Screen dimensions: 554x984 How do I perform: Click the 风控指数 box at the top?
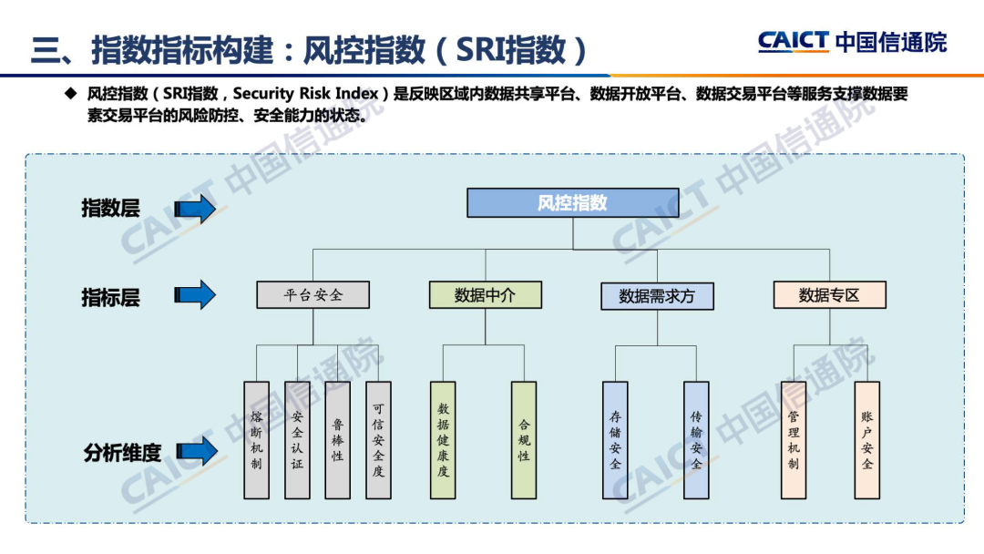pos(572,202)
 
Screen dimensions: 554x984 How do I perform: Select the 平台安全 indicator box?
pos(313,294)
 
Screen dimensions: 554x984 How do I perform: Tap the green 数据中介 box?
pos(485,294)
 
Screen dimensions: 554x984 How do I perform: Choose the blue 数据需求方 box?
pos(656,296)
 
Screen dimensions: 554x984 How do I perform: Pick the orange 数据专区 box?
pos(829,294)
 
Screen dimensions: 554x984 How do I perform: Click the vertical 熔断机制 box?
pos(257,440)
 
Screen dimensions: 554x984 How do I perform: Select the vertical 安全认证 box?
pos(297,440)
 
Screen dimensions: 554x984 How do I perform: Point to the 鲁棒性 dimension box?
pos(337,440)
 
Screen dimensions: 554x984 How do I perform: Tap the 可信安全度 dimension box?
pos(378,440)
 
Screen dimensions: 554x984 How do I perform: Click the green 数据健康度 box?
pos(443,440)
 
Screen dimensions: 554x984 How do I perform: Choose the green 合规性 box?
pos(524,440)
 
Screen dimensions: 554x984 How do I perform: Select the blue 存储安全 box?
pos(615,440)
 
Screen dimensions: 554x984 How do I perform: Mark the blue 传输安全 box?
pos(696,440)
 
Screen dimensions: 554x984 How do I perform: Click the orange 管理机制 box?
pos(794,440)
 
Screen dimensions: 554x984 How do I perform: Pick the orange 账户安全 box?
pos(866,440)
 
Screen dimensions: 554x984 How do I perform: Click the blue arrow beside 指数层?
pos(195,209)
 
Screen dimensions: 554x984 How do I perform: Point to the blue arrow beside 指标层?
pos(195,295)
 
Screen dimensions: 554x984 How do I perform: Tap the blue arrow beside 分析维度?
pos(195,450)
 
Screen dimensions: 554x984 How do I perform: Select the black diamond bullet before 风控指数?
pos(69,93)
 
